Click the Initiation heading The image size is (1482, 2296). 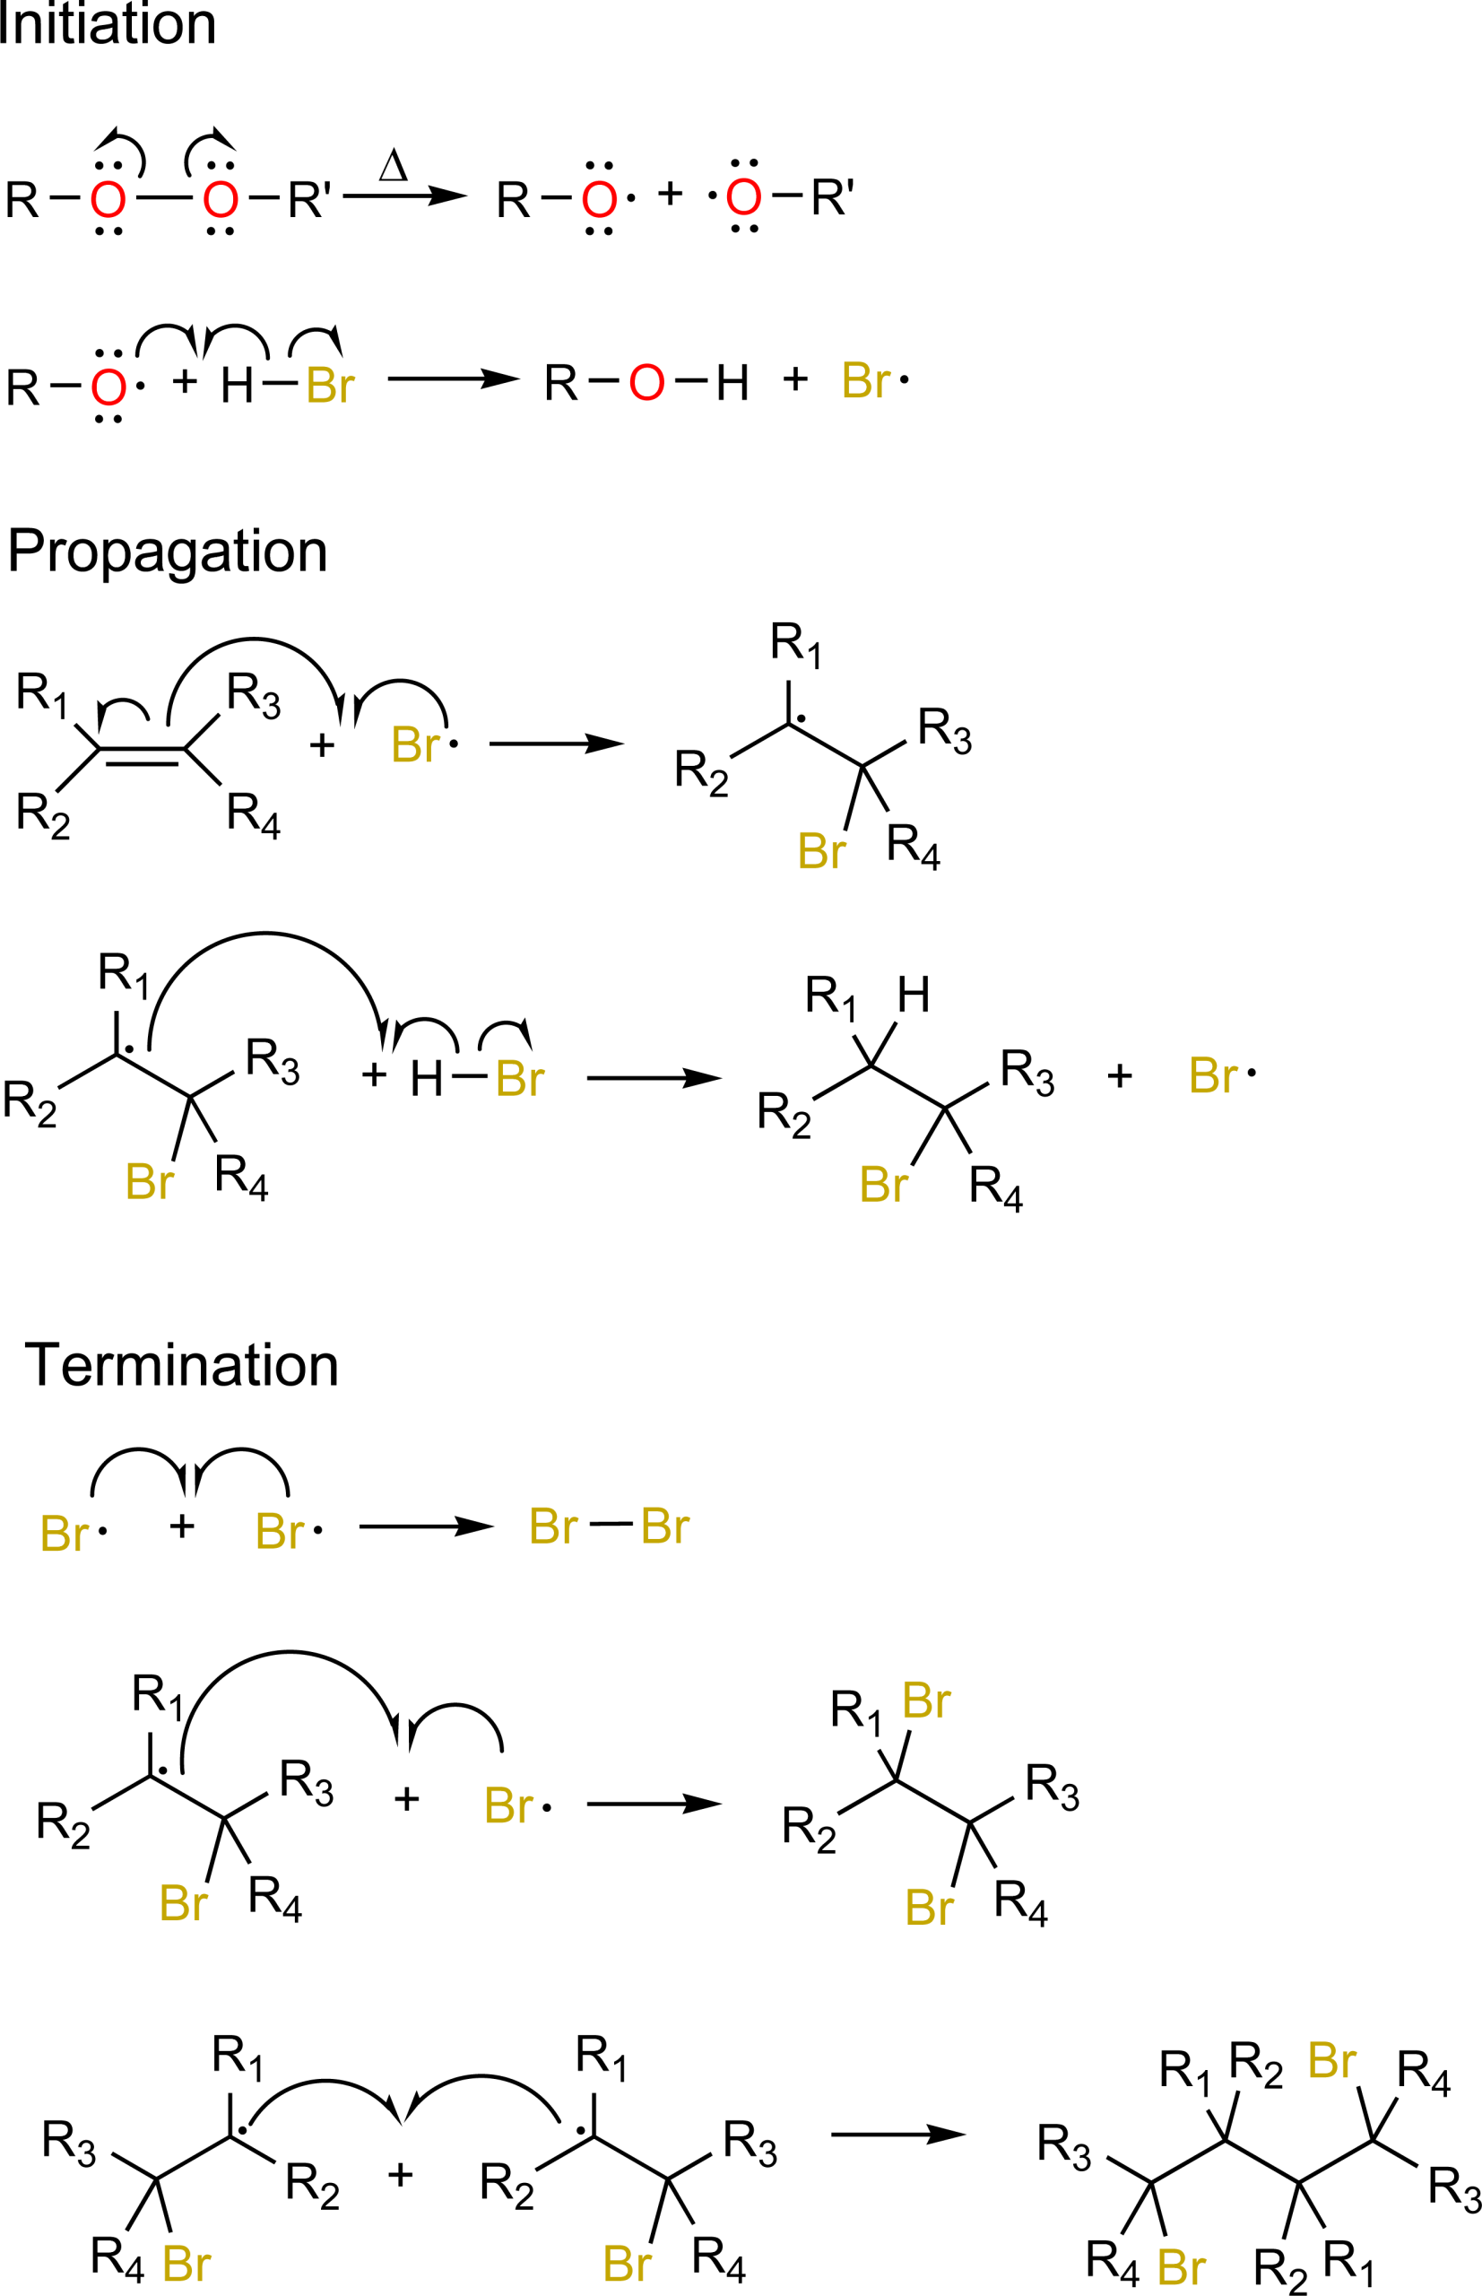(107, 23)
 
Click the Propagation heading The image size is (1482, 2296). (168, 552)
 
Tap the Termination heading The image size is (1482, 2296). (182, 1364)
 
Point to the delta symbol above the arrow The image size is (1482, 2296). (394, 166)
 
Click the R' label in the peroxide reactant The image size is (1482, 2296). (310, 199)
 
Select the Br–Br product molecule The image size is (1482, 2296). (609, 1526)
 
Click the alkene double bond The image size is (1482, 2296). (143, 756)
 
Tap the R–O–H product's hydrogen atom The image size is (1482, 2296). (732, 382)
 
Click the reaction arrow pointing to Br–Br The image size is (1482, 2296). (427, 1526)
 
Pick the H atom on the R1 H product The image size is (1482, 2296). (914, 995)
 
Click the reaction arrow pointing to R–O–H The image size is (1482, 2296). (454, 379)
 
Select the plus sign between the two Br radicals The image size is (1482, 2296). (182, 1526)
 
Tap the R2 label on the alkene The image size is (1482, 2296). (43, 815)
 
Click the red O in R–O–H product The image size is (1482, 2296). (646, 382)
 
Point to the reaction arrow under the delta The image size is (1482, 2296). (405, 196)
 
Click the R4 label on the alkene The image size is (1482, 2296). (254, 815)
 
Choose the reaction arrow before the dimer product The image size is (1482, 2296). (897, 2135)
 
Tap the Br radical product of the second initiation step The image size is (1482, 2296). (875, 380)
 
